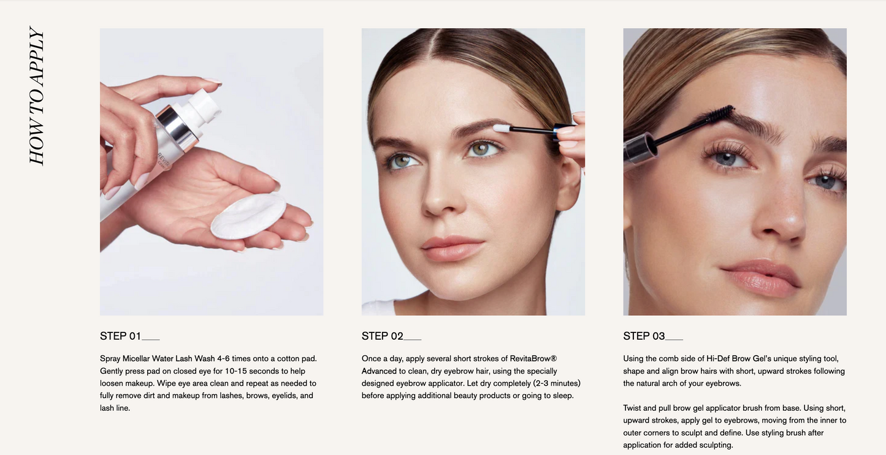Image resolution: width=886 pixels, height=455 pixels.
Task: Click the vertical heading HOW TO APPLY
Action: coord(36,95)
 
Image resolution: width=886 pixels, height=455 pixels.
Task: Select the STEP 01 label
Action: coord(120,336)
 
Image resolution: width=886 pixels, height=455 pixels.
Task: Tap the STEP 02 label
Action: coord(382,336)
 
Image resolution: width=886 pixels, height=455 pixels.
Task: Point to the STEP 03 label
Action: coord(644,336)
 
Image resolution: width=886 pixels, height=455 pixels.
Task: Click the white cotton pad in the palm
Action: coord(248,216)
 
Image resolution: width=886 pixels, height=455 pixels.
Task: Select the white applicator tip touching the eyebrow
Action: coord(501,128)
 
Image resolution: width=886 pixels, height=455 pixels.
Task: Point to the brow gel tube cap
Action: coord(639,148)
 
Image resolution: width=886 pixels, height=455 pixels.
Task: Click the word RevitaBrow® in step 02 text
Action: coord(533,359)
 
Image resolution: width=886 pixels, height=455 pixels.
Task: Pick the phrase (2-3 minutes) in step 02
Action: coord(557,383)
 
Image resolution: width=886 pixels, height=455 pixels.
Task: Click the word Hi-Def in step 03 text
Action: coord(718,359)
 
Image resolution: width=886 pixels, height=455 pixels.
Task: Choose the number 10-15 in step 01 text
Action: coord(236,371)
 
